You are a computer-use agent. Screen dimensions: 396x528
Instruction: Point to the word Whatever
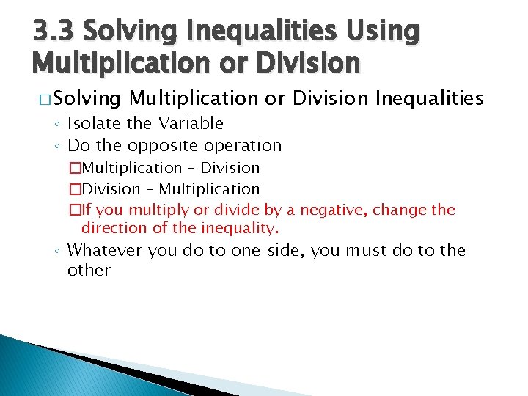pyautogui.click(x=105, y=251)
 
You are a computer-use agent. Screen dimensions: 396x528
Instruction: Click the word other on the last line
pyautogui.click(x=89, y=270)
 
